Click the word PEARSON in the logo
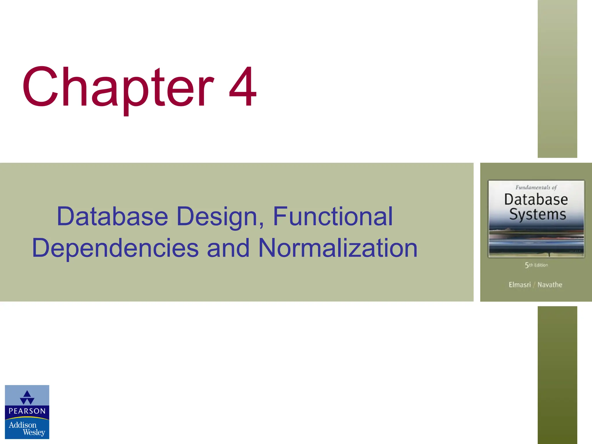coord(27,411)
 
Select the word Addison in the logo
coord(23,425)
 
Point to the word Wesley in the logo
coord(34,432)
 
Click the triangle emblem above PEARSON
coord(27,397)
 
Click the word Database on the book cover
coord(536,199)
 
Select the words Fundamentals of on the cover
coord(536,187)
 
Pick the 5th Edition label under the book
coord(536,265)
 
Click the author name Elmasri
coord(520,285)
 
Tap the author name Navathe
coord(550,285)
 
